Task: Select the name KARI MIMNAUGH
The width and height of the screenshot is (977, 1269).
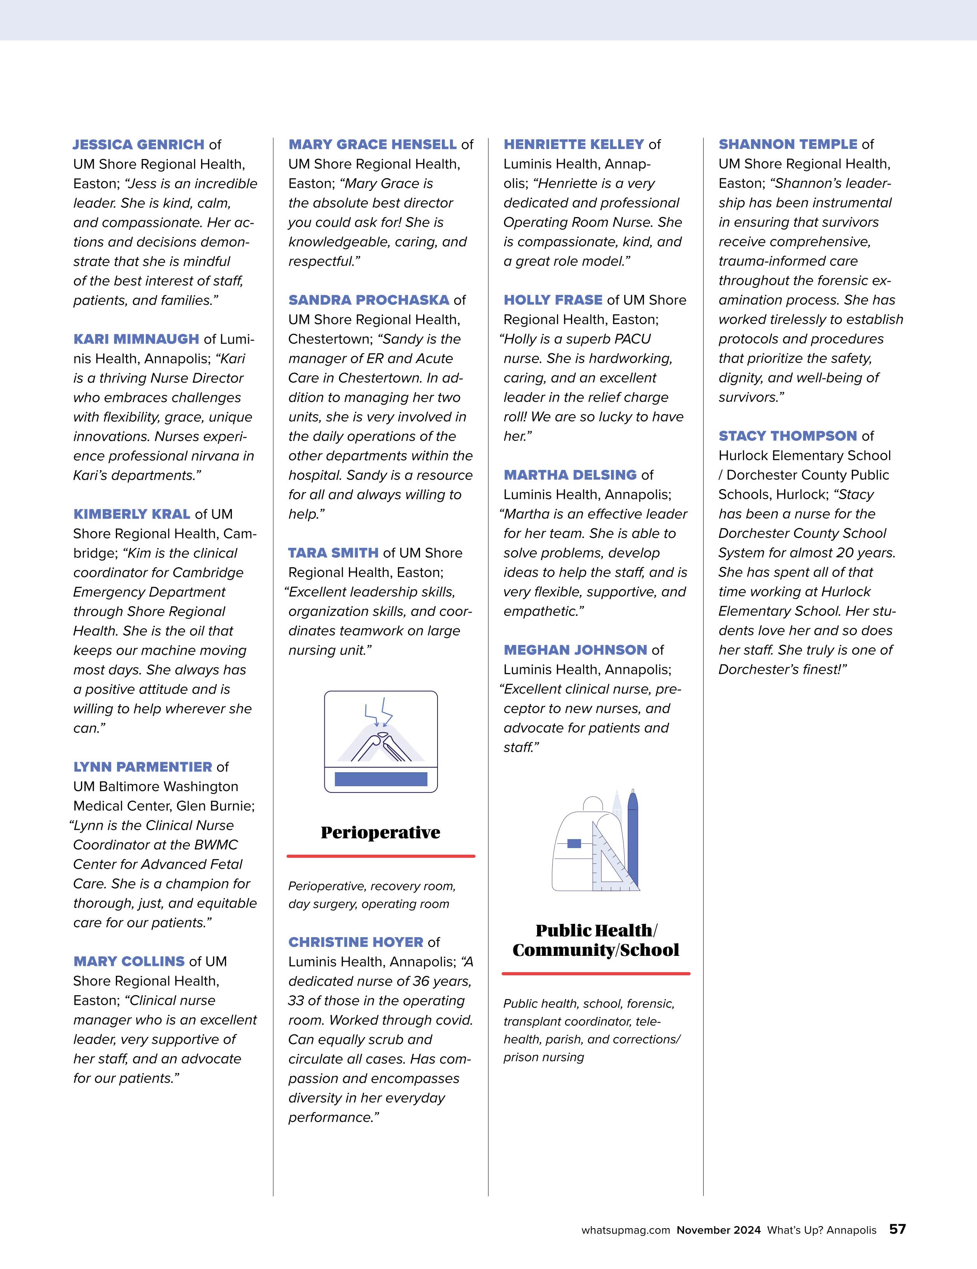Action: click(136, 339)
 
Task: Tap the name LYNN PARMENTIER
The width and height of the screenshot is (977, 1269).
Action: click(142, 767)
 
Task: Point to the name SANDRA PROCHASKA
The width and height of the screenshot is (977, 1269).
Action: click(369, 300)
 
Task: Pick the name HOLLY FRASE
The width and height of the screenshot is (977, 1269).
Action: click(552, 300)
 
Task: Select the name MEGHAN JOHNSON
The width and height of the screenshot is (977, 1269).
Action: click(575, 650)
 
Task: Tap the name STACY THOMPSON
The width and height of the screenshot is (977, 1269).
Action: click(788, 436)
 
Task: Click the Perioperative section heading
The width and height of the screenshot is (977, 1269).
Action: click(380, 833)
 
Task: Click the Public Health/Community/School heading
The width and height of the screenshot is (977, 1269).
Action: click(595, 940)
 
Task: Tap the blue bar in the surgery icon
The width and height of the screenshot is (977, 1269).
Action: click(381, 779)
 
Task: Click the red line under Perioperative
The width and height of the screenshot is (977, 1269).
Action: click(380, 856)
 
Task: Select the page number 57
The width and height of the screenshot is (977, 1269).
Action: click(897, 1229)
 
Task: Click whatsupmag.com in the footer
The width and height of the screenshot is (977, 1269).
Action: click(625, 1230)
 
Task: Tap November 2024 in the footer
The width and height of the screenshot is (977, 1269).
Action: click(718, 1230)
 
